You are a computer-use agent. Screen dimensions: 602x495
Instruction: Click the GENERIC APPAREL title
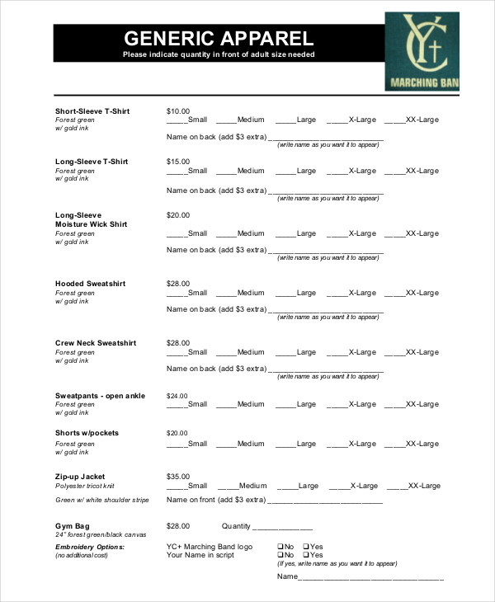pos(219,38)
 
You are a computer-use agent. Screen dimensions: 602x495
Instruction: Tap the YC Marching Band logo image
pos(422,50)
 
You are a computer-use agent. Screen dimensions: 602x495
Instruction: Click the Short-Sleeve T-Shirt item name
pos(92,111)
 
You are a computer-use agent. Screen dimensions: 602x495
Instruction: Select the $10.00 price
pos(178,111)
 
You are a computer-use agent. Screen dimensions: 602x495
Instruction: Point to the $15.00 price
pos(178,162)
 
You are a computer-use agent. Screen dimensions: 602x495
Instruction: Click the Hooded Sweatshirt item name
pos(90,284)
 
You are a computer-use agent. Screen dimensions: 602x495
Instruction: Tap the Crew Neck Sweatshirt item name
pos(96,343)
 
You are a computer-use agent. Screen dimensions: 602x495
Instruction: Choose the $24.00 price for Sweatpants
pos(178,396)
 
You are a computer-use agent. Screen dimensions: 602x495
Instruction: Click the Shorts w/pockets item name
pos(87,433)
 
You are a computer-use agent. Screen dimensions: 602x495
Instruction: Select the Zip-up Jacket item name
pos(80,477)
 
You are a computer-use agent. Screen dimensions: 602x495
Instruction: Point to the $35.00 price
pos(178,477)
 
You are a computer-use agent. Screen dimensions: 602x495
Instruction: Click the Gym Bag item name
pos(72,526)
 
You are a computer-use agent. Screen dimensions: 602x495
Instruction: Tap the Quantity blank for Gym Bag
pos(282,528)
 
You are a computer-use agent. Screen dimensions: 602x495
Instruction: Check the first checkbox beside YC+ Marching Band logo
pos(280,546)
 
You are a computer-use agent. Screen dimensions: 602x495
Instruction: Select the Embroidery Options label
pos(90,547)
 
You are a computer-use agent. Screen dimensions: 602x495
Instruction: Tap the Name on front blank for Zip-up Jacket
pos(325,501)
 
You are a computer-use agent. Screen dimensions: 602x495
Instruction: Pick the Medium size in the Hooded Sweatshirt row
pos(240,293)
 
